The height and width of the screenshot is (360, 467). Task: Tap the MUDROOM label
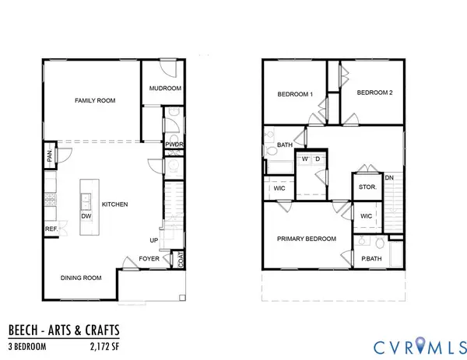click(166, 89)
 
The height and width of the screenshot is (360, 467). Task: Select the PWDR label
click(173, 144)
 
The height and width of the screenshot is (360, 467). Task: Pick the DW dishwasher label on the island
click(86, 216)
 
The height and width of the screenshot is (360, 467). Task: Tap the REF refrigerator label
click(51, 229)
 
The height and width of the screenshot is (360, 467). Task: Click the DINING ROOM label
click(82, 278)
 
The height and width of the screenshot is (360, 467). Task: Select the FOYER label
click(149, 258)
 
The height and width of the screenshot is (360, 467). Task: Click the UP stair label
click(153, 240)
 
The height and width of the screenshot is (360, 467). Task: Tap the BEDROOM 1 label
click(295, 95)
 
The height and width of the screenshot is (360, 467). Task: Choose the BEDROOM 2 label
click(374, 93)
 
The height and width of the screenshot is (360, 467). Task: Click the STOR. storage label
click(367, 187)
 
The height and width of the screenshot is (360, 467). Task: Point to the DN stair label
click(390, 179)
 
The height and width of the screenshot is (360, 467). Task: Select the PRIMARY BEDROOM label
click(307, 239)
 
